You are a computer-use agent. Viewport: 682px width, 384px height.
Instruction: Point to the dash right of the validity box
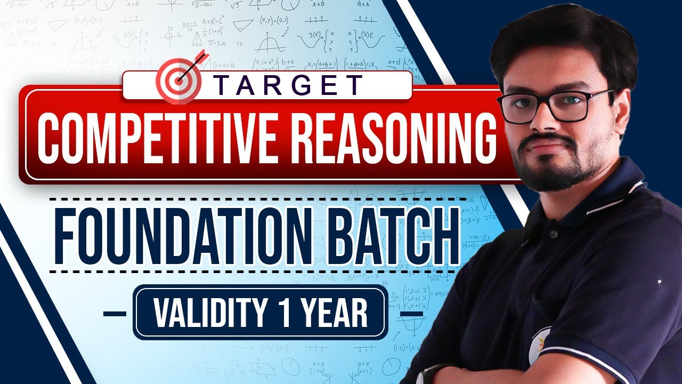click(x=411, y=314)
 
